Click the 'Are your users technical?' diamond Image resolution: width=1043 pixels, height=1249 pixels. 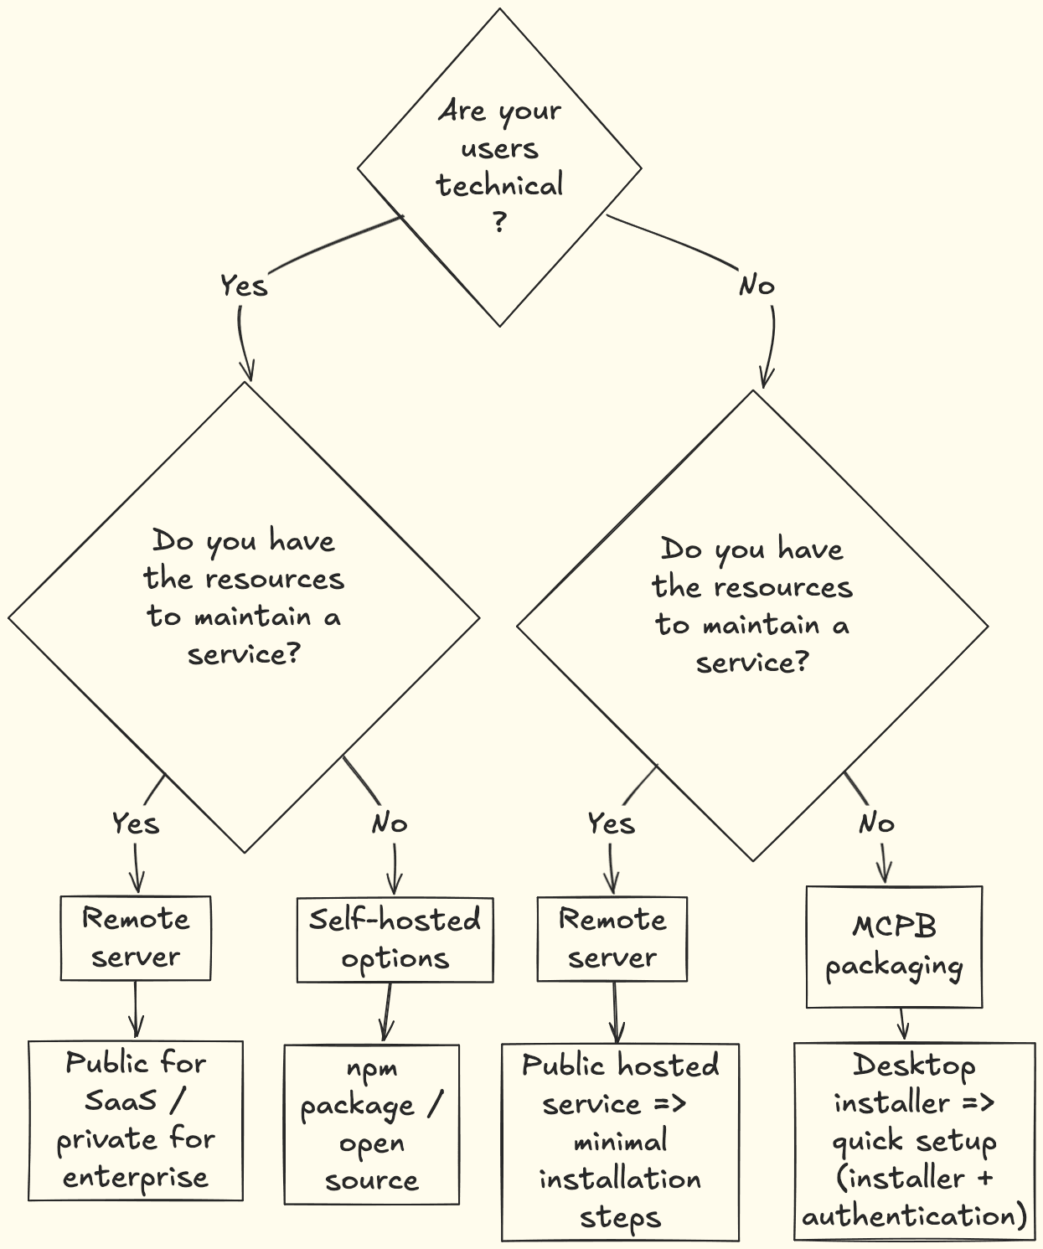tap(499, 167)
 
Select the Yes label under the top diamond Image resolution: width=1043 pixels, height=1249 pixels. tap(244, 286)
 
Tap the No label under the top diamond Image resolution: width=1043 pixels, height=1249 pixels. tap(756, 286)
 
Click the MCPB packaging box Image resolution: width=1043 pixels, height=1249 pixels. tap(894, 947)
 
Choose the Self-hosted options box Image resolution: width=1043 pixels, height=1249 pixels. tap(395, 939)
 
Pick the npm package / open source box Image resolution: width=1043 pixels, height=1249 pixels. tap(371, 1123)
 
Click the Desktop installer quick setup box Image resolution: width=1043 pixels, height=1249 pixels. tap(914, 1140)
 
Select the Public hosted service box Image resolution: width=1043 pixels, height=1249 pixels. tap(620, 1141)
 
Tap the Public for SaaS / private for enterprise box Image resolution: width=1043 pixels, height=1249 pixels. tap(136, 1120)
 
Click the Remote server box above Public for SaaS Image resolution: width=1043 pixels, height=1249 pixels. tap(136, 937)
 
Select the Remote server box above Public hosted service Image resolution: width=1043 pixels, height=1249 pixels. tap(612, 938)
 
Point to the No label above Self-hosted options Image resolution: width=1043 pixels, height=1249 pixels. tap(390, 823)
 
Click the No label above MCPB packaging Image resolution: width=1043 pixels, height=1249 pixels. tap(876, 823)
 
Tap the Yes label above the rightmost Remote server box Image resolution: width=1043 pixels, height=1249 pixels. tap(611, 823)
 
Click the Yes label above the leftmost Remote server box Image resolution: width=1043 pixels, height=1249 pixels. tap(136, 823)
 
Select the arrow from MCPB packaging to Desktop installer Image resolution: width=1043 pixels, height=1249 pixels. tap(902, 1024)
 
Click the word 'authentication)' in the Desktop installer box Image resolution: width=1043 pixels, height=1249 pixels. tap(914, 1215)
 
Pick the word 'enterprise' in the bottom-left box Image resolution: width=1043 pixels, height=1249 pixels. tap(136, 1177)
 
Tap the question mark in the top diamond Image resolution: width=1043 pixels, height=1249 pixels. tap(499, 222)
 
